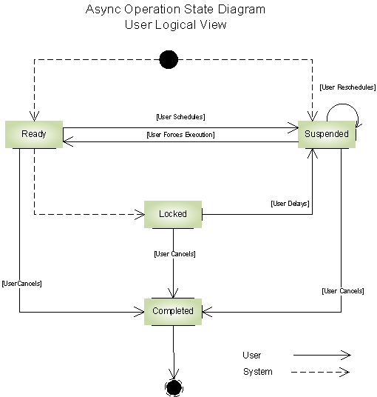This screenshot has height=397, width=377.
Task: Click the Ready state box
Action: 33,134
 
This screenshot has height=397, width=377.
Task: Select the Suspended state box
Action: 326,134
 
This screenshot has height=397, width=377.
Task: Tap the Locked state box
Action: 173,214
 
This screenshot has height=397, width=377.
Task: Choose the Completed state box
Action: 173,311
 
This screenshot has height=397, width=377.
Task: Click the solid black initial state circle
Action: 169,59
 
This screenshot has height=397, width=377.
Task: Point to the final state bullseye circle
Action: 174,387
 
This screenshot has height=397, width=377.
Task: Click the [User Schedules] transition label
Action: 180,117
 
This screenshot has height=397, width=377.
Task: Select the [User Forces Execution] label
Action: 180,135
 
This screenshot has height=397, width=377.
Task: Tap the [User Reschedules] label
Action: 347,87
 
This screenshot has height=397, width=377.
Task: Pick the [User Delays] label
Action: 290,204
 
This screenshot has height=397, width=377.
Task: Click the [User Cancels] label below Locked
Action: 174,254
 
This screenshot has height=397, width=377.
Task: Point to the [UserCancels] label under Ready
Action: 21,284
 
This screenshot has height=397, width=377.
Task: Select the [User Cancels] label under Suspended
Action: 343,291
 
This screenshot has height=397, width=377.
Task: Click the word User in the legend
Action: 251,356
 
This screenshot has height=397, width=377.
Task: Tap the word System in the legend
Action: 257,372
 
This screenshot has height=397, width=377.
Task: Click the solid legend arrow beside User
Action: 321,356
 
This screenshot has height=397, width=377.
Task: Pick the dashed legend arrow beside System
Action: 321,372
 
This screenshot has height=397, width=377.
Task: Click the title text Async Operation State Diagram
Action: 175,10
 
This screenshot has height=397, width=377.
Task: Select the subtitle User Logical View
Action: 175,24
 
